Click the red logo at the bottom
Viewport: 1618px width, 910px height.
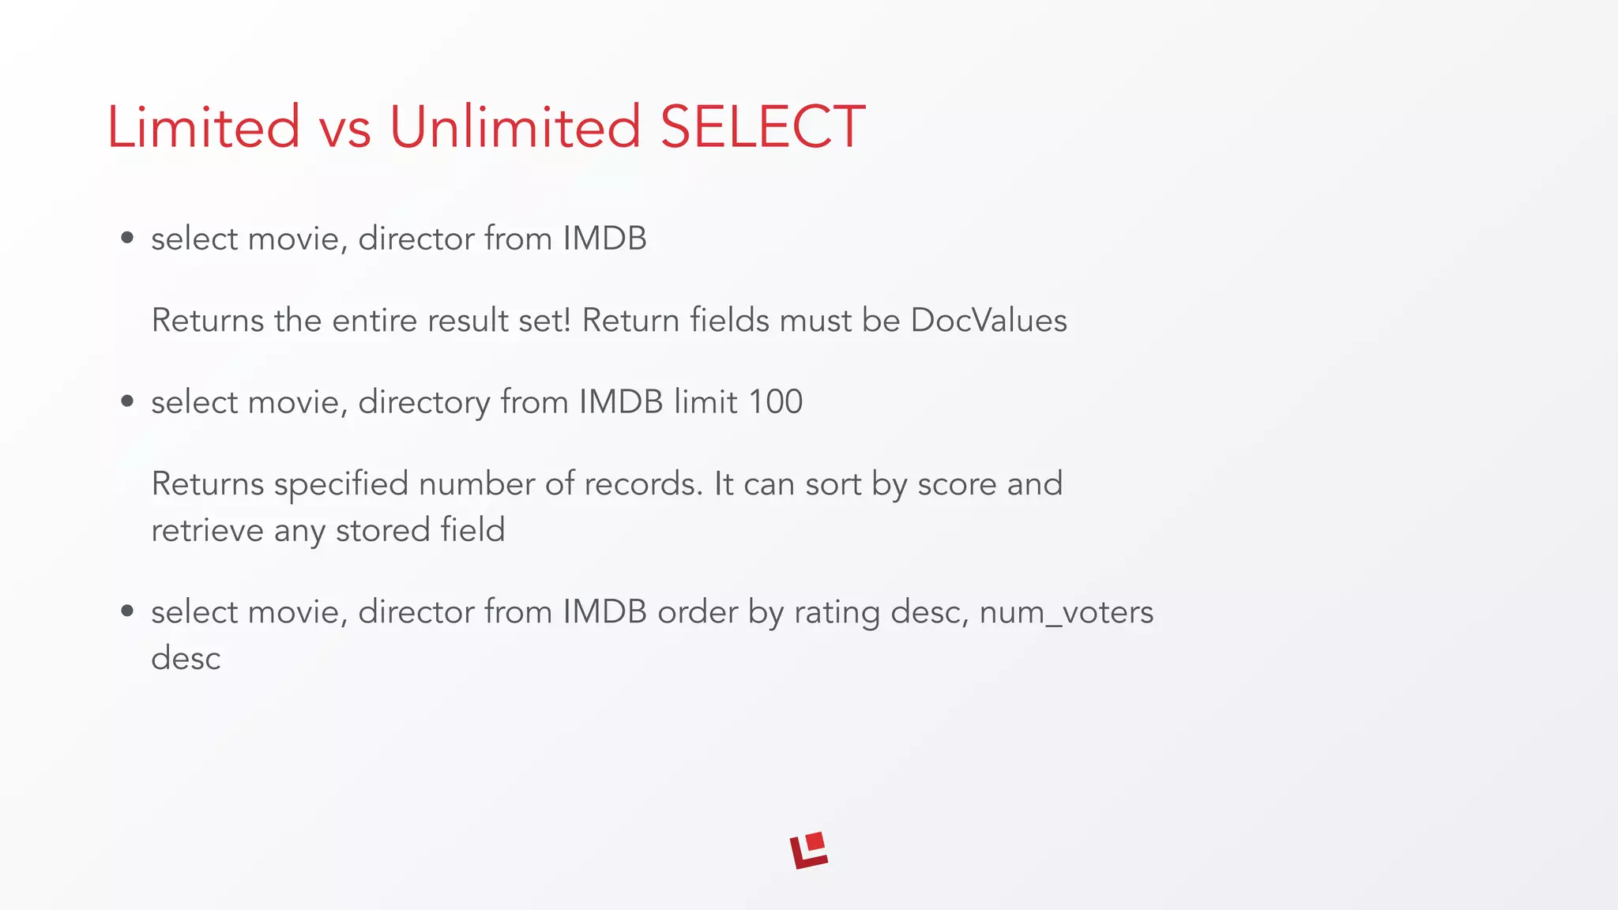808,851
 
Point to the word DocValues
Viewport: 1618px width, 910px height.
988,321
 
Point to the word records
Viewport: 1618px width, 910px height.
643,484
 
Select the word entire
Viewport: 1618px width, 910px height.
375,321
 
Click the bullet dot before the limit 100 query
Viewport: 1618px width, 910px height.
127,402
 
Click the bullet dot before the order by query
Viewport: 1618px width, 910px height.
127,611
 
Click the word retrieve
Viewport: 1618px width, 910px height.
207,530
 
